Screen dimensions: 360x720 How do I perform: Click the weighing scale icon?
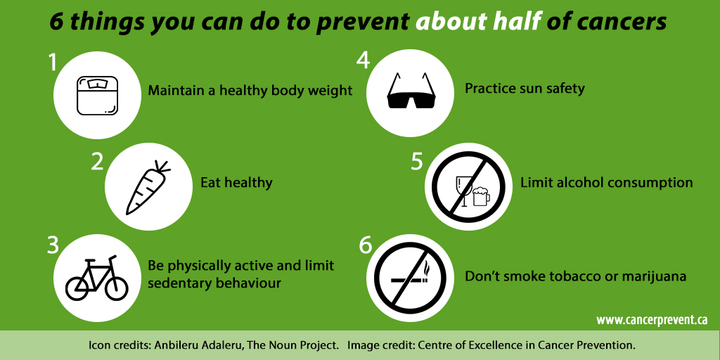(98, 95)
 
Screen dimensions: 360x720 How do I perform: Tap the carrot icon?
(148, 187)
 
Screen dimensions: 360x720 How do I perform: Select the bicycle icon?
(97, 277)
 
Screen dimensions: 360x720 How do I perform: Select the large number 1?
(53, 63)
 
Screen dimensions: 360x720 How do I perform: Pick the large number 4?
(363, 60)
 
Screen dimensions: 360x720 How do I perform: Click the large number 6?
(364, 246)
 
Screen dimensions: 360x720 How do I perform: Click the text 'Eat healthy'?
(236, 183)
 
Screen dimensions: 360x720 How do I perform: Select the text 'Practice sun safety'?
(525, 89)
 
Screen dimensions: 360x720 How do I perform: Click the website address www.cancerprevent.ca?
(652, 320)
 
